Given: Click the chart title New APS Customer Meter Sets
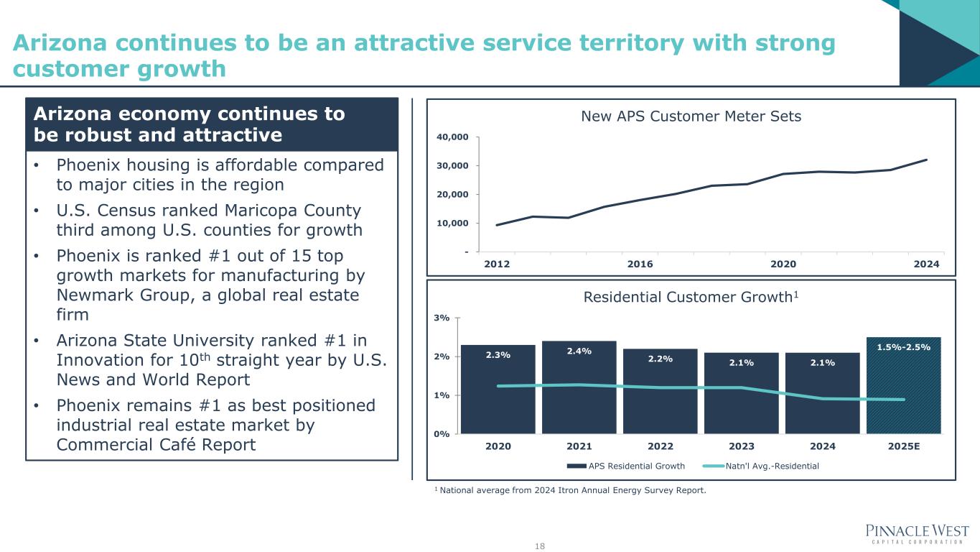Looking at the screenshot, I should pos(691,116).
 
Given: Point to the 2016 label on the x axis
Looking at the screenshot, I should pos(640,264).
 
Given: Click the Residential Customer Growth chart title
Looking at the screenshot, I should pos(691,298).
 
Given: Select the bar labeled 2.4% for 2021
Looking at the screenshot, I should pos(579,388).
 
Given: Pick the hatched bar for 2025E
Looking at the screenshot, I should pos(903,386).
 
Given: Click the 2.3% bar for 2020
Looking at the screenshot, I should pos(498,390).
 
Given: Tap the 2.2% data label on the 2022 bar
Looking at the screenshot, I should pos(660,359).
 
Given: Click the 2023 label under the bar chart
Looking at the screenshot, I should pos(742,446).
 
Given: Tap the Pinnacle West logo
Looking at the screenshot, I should pos(917,534).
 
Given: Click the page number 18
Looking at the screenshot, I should pos(540,546).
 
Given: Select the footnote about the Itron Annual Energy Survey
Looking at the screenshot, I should pos(570,491).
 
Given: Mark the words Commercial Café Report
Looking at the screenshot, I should pos(156,445).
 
